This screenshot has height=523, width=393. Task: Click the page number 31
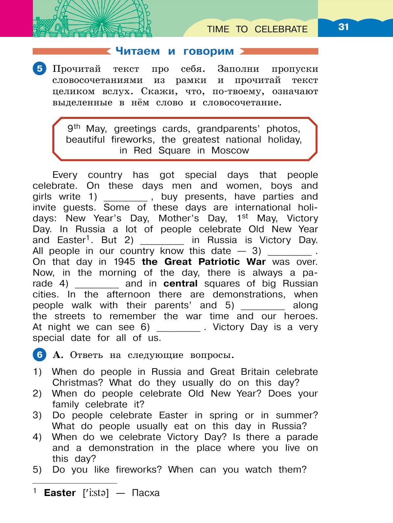[343, 27]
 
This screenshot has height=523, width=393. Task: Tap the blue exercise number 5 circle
[39, 69]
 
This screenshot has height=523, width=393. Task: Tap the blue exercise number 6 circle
[39, 355]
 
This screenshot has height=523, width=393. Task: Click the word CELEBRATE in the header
[281, 29]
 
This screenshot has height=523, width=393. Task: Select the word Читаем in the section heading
[138, 51]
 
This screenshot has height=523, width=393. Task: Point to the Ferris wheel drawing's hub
[102, 24]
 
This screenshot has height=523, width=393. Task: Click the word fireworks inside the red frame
[132, 140]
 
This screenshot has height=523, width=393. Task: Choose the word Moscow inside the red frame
[230, 151]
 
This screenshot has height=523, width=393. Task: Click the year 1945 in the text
[124, 262]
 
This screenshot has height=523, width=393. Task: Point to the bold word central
[180, 284]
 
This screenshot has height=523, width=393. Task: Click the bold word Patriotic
[219, 262]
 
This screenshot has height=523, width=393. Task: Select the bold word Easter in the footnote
[60, 493]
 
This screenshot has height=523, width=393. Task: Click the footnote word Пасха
[145, 493]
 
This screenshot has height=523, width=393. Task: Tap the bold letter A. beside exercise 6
[58, 355]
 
